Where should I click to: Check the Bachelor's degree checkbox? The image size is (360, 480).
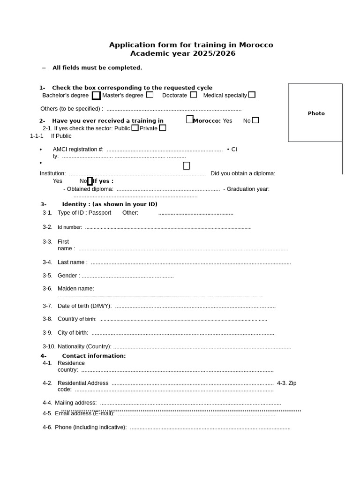coord(96,96)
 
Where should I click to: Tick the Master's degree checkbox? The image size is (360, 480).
coord(150,95)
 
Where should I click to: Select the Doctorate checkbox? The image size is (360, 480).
coord(193,95)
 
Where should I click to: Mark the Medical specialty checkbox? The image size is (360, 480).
coord(252,95)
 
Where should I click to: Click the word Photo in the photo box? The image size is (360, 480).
coord(316,113)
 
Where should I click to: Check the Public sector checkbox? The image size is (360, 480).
coord(135,128)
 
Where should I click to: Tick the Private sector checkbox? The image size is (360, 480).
coord(162,128)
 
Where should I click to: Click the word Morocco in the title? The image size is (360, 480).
coord(256,45)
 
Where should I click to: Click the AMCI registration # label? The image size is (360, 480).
coord(78,150)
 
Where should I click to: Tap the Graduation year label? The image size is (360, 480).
coord(248,189)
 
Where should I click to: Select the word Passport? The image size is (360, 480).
coord(100,213)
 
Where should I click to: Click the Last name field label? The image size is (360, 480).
coord(72,262)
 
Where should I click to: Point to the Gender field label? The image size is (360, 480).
coord(68,276)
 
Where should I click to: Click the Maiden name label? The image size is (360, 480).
coord(75,289)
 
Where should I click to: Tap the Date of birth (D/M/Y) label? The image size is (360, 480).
coord(84,306)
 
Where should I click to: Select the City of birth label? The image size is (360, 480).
coord(73,333)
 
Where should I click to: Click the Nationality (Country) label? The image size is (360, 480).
coord(84,347)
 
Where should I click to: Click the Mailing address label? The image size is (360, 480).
coord(75,403)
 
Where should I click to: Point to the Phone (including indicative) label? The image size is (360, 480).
coord(90,427)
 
